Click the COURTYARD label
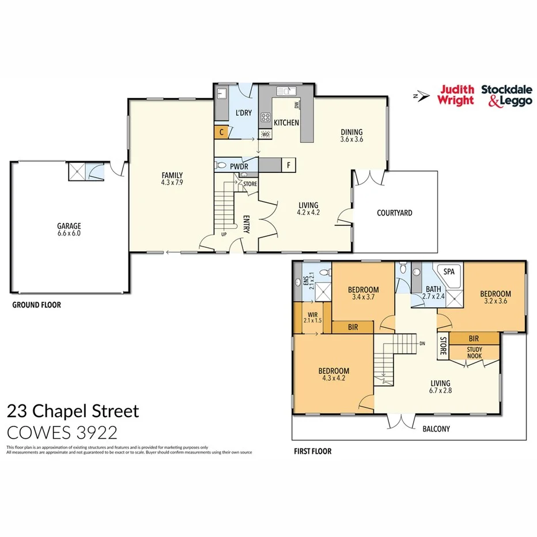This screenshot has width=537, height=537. pyautogui.click(x=394, y=213)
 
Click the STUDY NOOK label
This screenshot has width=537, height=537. pyautogui.click(x=474, y=352)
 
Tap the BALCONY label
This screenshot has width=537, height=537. pyautogui.click(x=436, y=429)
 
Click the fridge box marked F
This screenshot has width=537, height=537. pyautogui.click(x=288, y=165)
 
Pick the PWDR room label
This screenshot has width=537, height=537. pyautogui.click(x=239, y=167)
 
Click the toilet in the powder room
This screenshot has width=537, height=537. pyautogui.click(x=220, y=165)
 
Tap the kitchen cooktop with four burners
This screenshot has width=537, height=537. pyautogui.click(x=266, y=117)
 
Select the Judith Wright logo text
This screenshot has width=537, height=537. pyautogui.click(x=456, y=95)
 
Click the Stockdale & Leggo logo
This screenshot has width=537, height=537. pyautogui.click(x=506, y=95)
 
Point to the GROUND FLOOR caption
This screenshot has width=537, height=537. pyautogui.click(x=36, y=305)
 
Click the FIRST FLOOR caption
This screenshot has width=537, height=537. pyautogui.click(x=312, y=451)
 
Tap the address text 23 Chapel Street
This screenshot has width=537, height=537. pyautogui.click(x=73, y=411)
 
